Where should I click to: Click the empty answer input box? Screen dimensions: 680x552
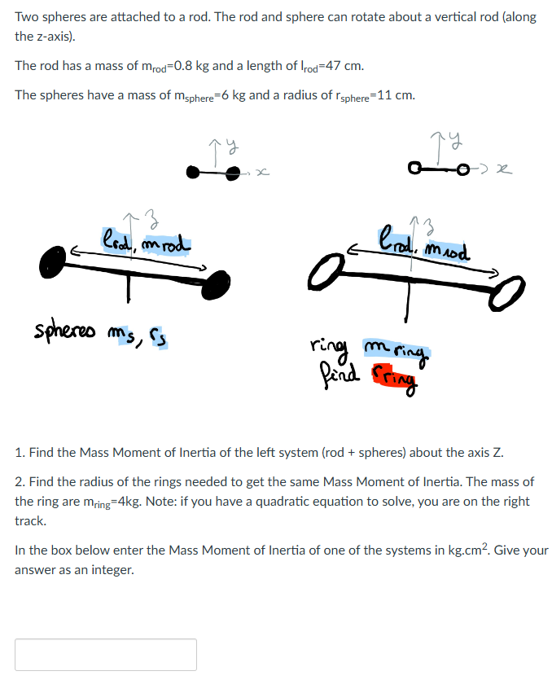click(x=106, y=654)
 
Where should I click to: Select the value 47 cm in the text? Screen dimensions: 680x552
click(x=347, y=66)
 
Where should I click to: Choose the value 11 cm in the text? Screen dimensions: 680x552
click(x=396, y=95)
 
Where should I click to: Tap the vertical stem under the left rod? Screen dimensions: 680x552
click(x=129, y=288)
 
